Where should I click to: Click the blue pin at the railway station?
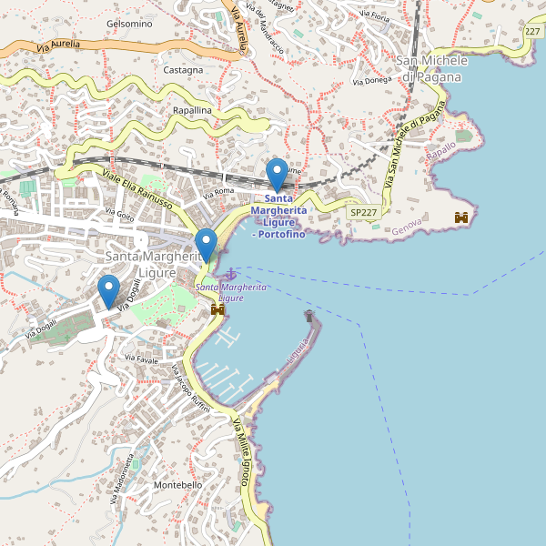(277, 174)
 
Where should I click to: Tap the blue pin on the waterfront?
(207, 244)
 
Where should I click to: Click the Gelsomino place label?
(129, 24)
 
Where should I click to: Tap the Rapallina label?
(192, 110)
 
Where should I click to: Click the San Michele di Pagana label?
(432, 68)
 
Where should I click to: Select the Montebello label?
(178, 486)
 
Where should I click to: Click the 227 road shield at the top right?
(533, 32)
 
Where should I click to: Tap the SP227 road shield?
(363, 212)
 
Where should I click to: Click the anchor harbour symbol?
(231, 274)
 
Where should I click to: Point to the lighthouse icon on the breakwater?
(309, 316)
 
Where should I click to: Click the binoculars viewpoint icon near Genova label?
(462, 217)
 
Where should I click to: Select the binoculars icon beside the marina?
(217, 310)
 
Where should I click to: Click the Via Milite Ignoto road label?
(241, 450)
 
